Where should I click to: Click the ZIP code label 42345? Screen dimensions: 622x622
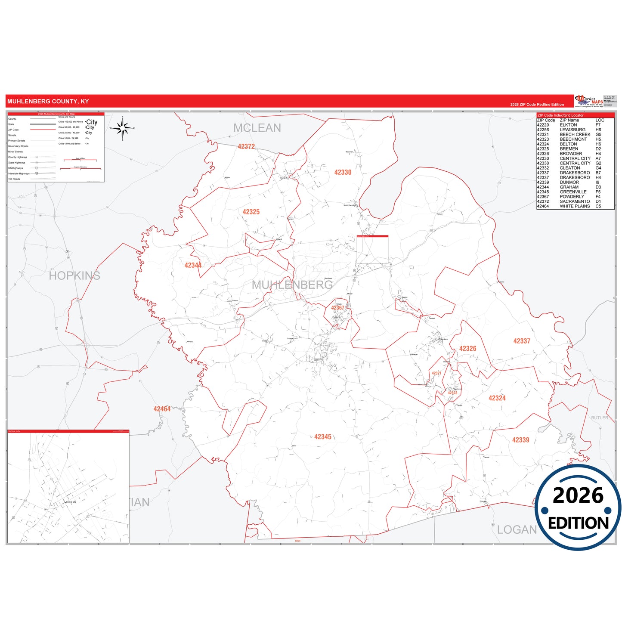323,437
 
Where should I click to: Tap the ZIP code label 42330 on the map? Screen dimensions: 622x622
343,173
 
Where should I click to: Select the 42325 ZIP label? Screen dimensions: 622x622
251,212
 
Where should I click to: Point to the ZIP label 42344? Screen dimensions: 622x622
193,266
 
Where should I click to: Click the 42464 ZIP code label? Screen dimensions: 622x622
162,409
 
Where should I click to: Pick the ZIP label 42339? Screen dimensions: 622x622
521,440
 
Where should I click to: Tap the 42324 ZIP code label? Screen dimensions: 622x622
497,398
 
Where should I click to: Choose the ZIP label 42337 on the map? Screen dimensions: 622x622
522,341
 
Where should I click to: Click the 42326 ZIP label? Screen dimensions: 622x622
468,349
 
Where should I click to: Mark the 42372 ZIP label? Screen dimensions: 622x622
246,147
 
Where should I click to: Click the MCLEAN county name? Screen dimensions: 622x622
257,128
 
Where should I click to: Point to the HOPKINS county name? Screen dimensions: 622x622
74,275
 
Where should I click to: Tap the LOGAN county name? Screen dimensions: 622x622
517,530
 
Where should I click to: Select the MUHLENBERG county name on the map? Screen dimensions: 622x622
292,285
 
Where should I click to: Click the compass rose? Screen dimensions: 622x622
123,128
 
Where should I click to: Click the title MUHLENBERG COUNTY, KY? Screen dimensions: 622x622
48,102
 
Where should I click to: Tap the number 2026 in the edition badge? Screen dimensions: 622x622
578,495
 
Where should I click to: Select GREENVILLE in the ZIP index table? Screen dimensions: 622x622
573,192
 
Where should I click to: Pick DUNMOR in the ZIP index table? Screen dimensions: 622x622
569,183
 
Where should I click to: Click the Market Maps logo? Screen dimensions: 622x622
589,101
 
